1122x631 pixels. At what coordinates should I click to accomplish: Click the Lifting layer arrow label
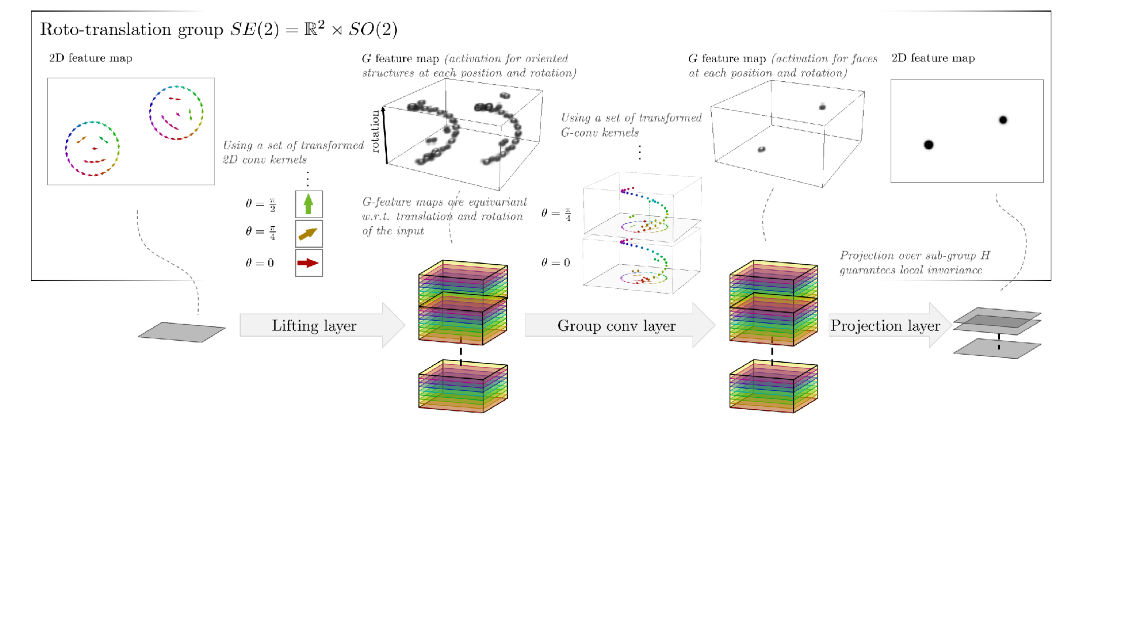pos(314,326)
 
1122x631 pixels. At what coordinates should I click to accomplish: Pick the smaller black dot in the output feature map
pos(1003,120)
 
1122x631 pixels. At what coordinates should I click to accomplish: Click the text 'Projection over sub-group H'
pos(915,256)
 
